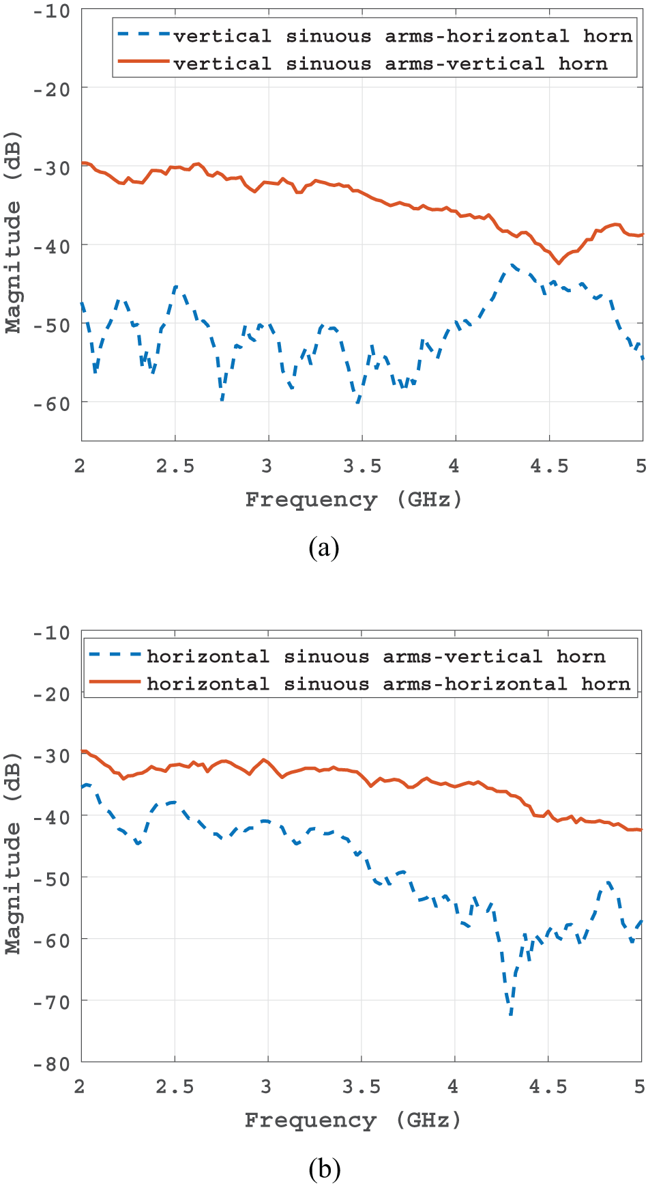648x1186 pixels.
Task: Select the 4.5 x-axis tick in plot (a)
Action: click(x=549, y=466)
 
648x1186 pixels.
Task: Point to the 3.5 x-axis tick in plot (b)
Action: click(x=362, y=1086)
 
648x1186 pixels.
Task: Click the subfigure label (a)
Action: click(x=323, y=548)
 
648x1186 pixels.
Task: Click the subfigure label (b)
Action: click(x=324, y=1169)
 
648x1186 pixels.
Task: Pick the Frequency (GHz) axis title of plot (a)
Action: click(x=353, y=500)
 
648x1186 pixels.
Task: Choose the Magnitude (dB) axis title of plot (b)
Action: click(x=14, y=853)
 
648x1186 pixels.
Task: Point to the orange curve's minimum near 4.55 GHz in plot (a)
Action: click(x=559, y=263)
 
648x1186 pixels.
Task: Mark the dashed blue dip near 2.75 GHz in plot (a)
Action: click(x=222, y=399)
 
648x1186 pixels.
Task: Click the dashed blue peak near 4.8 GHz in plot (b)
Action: click(x=608, y=882)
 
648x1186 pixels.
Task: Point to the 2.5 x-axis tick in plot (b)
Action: click(x=175, y=1086)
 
